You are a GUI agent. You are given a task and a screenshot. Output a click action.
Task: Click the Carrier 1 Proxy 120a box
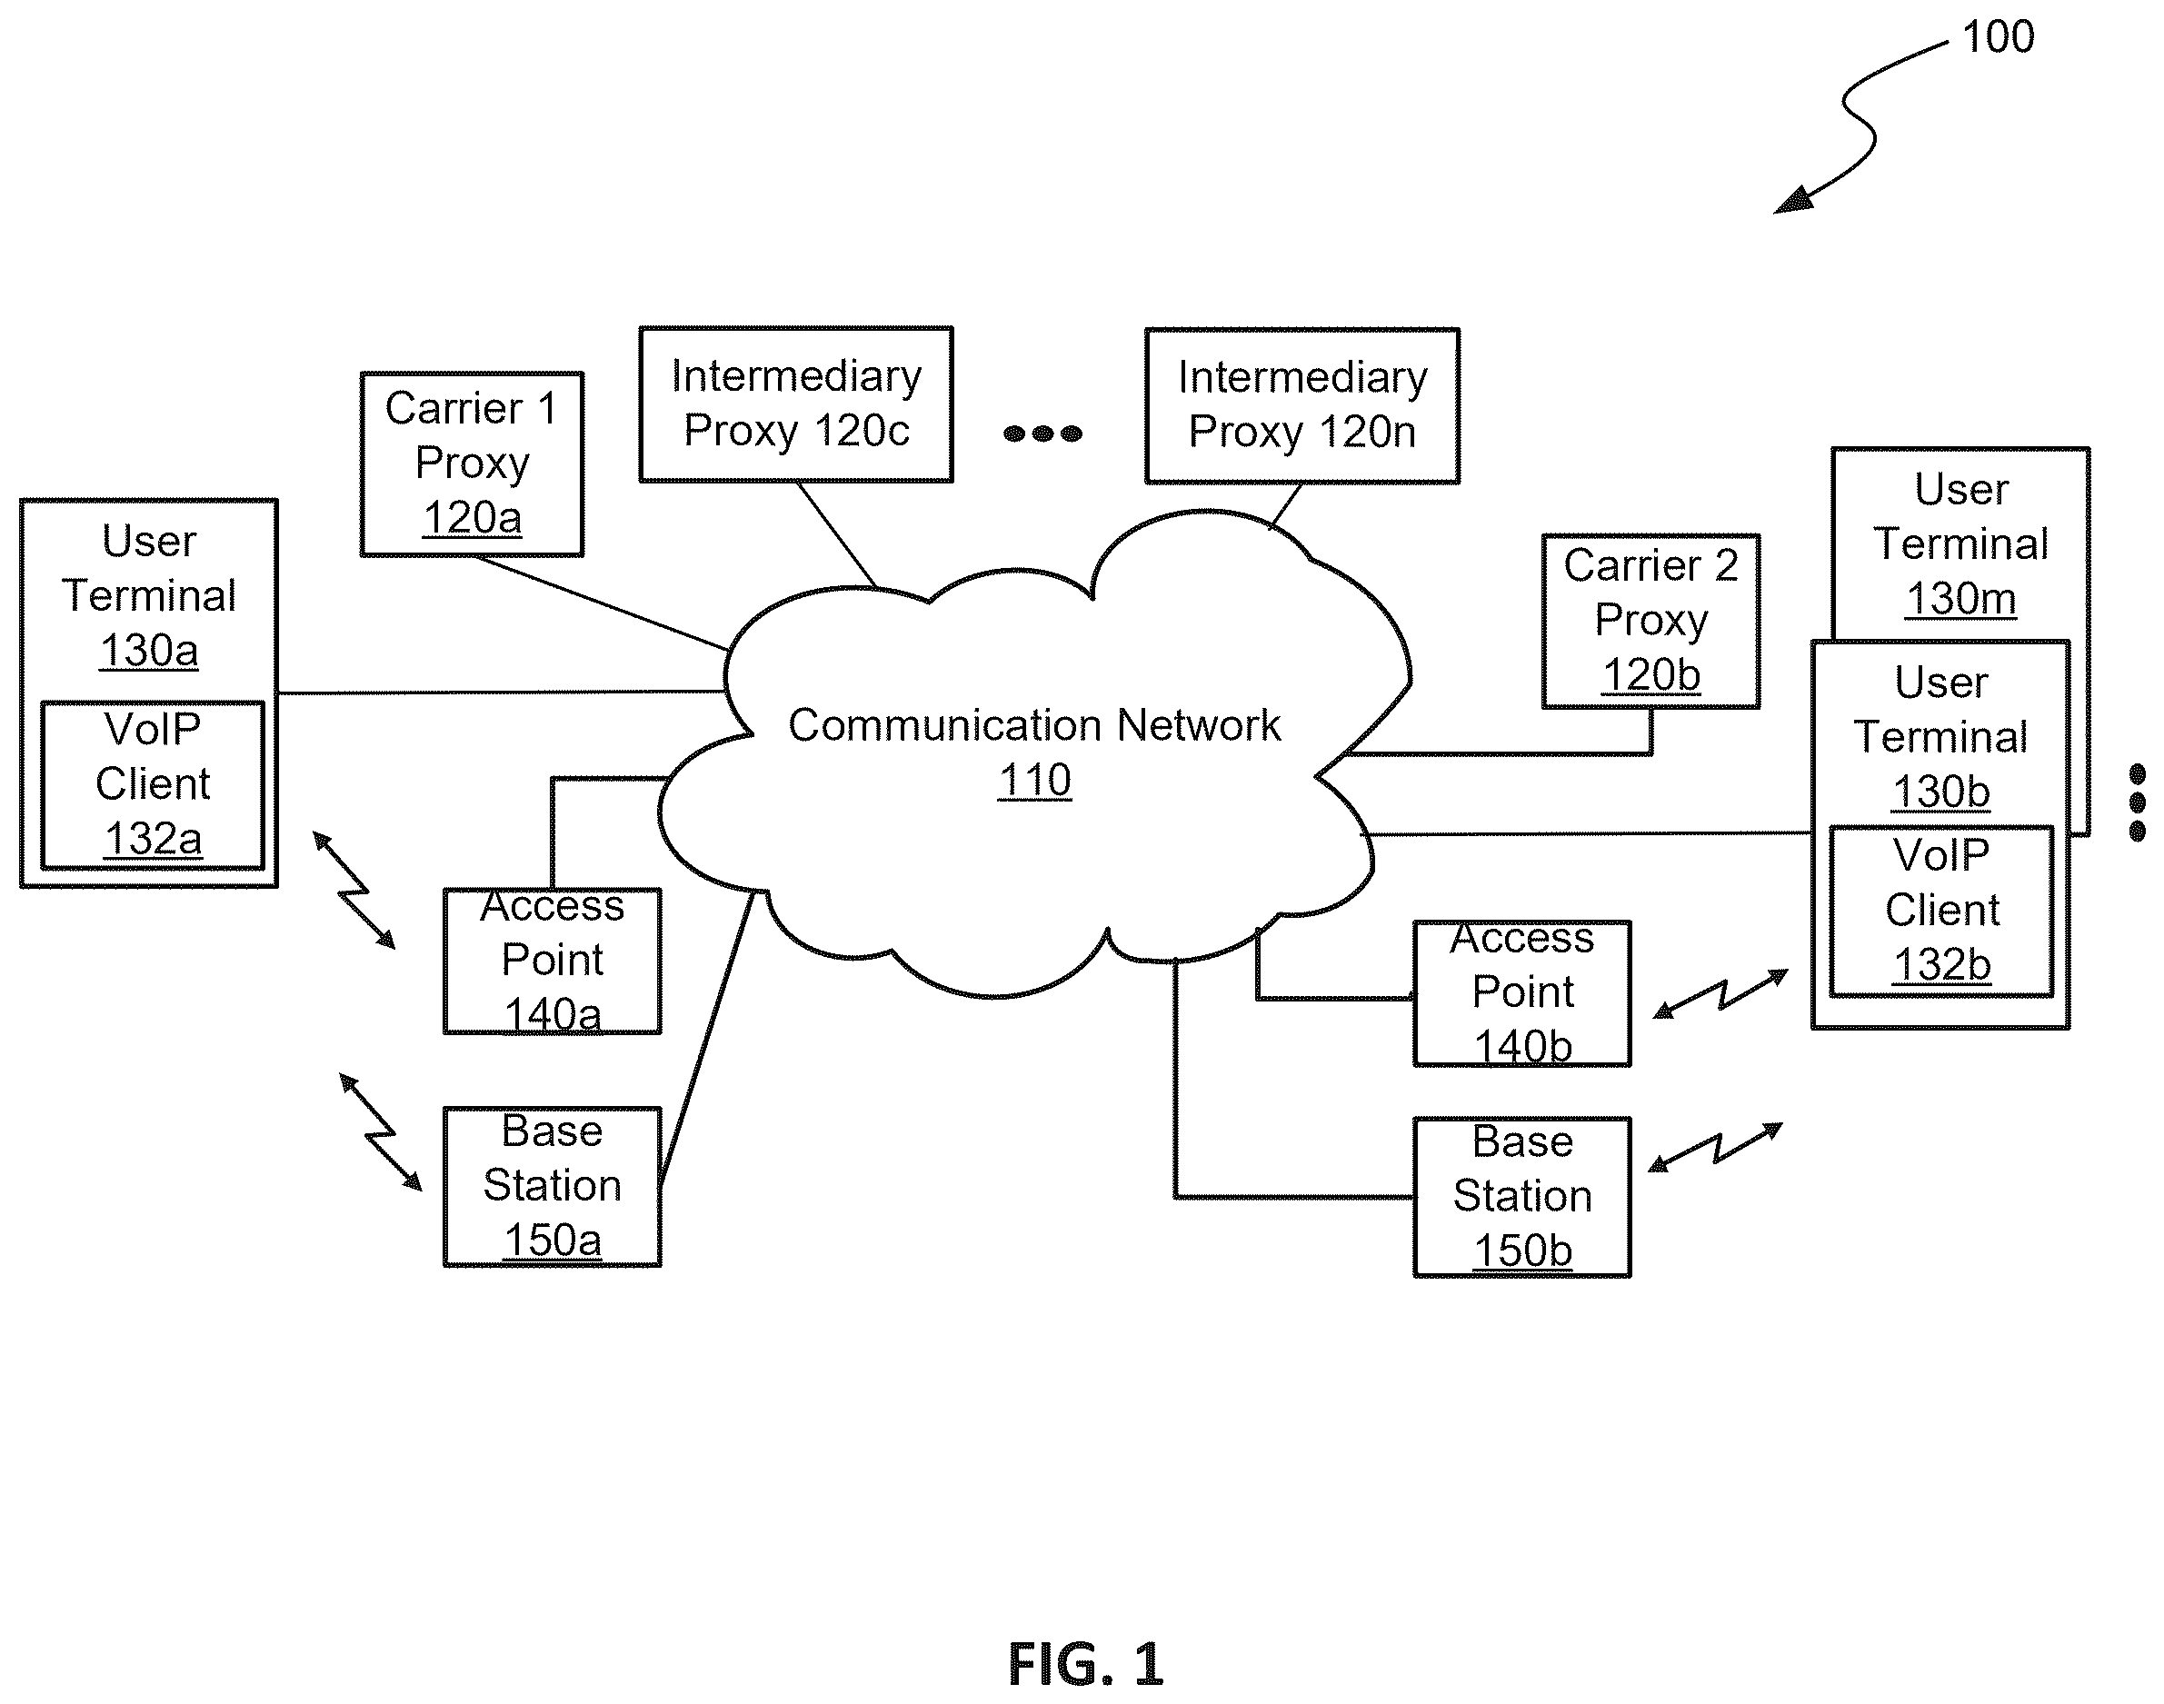click(x=472, y=463)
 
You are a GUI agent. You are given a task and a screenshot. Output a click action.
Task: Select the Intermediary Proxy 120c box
click(x=796, y=404)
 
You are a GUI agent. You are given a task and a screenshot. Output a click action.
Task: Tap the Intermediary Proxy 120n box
click(x=1302, y=406)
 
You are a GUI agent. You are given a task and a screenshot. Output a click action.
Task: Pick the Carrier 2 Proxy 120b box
click(x=1651, y=622)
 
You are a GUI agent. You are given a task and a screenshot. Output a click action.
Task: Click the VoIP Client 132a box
click(x=153, y=785)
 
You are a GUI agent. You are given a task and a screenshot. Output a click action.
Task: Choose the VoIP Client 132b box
click(x=1941, y=911)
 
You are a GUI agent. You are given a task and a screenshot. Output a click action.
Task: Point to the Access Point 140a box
click(x=553, y=961)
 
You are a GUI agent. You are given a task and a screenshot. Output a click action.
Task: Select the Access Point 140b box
click(x=1522, y=993)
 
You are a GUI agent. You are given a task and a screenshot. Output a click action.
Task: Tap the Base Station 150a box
click(x=553, y=1186)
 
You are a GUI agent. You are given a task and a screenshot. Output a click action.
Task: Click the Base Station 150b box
click(x=1522, y=1197)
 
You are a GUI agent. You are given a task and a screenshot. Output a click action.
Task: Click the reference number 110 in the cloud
click(x=1034, y=780)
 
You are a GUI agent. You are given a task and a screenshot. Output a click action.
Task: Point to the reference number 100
click(x=1999, y=37)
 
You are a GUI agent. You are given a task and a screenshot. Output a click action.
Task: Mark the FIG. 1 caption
click(x=1085, y=1663)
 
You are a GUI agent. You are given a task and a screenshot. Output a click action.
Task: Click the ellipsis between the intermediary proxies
click(x=1042, y=433)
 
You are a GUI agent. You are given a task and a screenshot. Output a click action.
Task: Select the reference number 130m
click(x=1961, y=599)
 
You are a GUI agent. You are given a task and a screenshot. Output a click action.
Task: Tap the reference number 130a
click(x=150, y=651)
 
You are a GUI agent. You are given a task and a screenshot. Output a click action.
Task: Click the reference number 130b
click(x=1941, y=792)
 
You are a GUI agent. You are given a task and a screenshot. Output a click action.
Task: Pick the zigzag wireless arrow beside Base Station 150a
click(x=381, y=1132)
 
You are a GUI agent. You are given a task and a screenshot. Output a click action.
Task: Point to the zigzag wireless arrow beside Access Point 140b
click(x=1721, y=993)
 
